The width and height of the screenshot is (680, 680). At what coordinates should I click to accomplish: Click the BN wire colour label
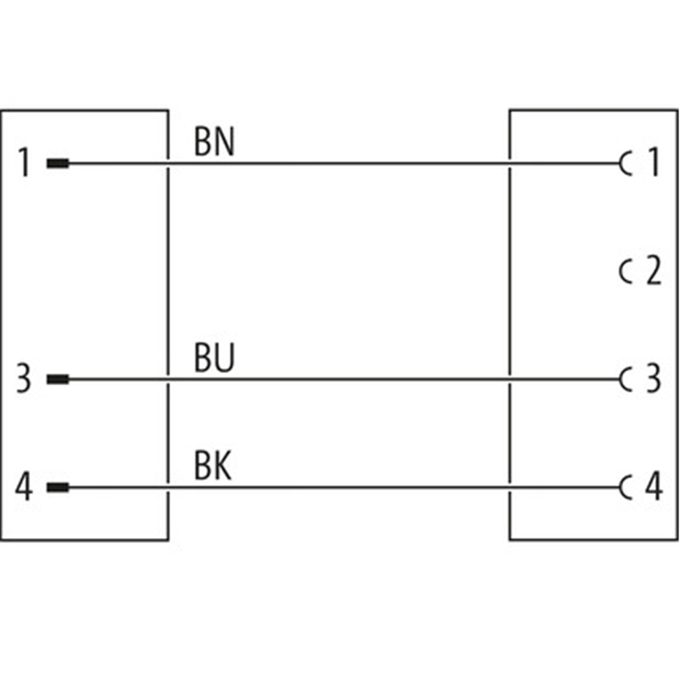(x=214, y=142)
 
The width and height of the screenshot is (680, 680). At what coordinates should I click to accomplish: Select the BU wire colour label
(x=214, y=360)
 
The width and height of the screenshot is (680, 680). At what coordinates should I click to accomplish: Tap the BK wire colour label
(x=212, y=467)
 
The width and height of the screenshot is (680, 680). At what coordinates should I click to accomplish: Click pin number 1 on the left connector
(x=25, y=163)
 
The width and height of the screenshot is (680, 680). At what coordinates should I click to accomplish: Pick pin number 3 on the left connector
(x=25, y=379)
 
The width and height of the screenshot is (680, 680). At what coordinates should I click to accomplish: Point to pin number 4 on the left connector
(x=25, y=488)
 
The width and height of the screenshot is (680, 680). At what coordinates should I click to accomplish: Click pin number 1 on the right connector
(x=653, y=163)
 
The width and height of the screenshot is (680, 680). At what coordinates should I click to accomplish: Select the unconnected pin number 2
(x=653, y=272)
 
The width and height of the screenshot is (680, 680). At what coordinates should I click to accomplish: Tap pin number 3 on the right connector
(x=653, y=379)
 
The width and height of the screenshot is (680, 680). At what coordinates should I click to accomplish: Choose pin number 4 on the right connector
(x=653, y=488)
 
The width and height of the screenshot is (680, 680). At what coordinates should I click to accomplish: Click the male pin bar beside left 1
(x=57, y=163)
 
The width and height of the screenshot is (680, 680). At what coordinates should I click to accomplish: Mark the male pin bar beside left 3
(x=57, y=379)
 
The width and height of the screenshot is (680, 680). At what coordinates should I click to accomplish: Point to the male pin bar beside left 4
(x=57, y=488)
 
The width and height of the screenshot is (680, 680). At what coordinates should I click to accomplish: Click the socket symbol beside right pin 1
(x=626, y=163)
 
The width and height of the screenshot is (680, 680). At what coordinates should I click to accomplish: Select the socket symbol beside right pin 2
(x=626, y=272)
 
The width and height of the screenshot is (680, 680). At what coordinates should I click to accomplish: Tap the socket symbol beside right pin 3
(x=626, y=379)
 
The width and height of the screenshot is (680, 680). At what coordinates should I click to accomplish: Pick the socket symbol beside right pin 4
(x=626, y=488)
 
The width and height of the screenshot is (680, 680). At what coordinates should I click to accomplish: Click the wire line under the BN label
(x=340, y=163)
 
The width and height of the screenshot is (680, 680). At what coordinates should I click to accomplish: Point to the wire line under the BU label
(x=340, y=379)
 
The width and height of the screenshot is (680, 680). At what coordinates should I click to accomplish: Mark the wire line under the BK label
(x=340, y=488)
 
